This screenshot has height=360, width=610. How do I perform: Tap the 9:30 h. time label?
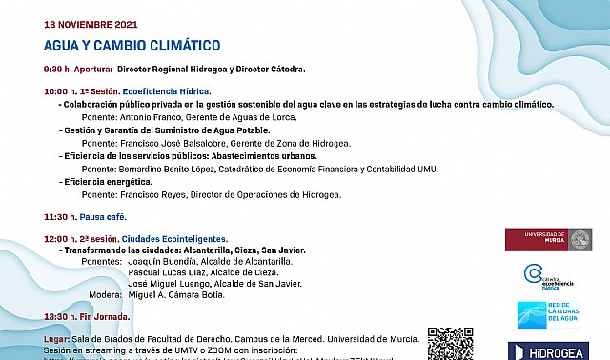tap(62, 70)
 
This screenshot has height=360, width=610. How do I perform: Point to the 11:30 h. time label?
tap(64, 217)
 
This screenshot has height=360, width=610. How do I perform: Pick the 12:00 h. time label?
tap(64, 238)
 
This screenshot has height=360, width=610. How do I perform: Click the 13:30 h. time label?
tap(64, 316)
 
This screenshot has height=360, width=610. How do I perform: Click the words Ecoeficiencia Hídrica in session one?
tap(172, 91)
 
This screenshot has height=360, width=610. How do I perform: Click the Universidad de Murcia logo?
tap(549, 239)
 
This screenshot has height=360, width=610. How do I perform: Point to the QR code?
tap(450, 344)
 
